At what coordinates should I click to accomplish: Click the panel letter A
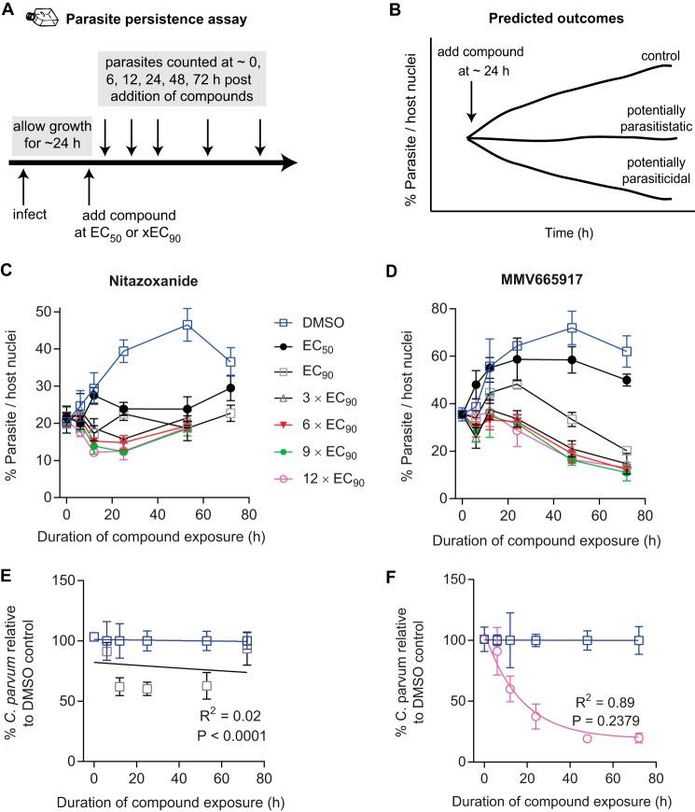pyautogui.click(x=8, y=10)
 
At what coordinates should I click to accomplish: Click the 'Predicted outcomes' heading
pyautogui.click(x=544, y=18)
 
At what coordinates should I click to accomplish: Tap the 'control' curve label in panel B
pyautogui.click(x=640, y=55)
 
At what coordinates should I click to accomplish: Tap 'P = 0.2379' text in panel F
pyautogui.click(x=600, y=713)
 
